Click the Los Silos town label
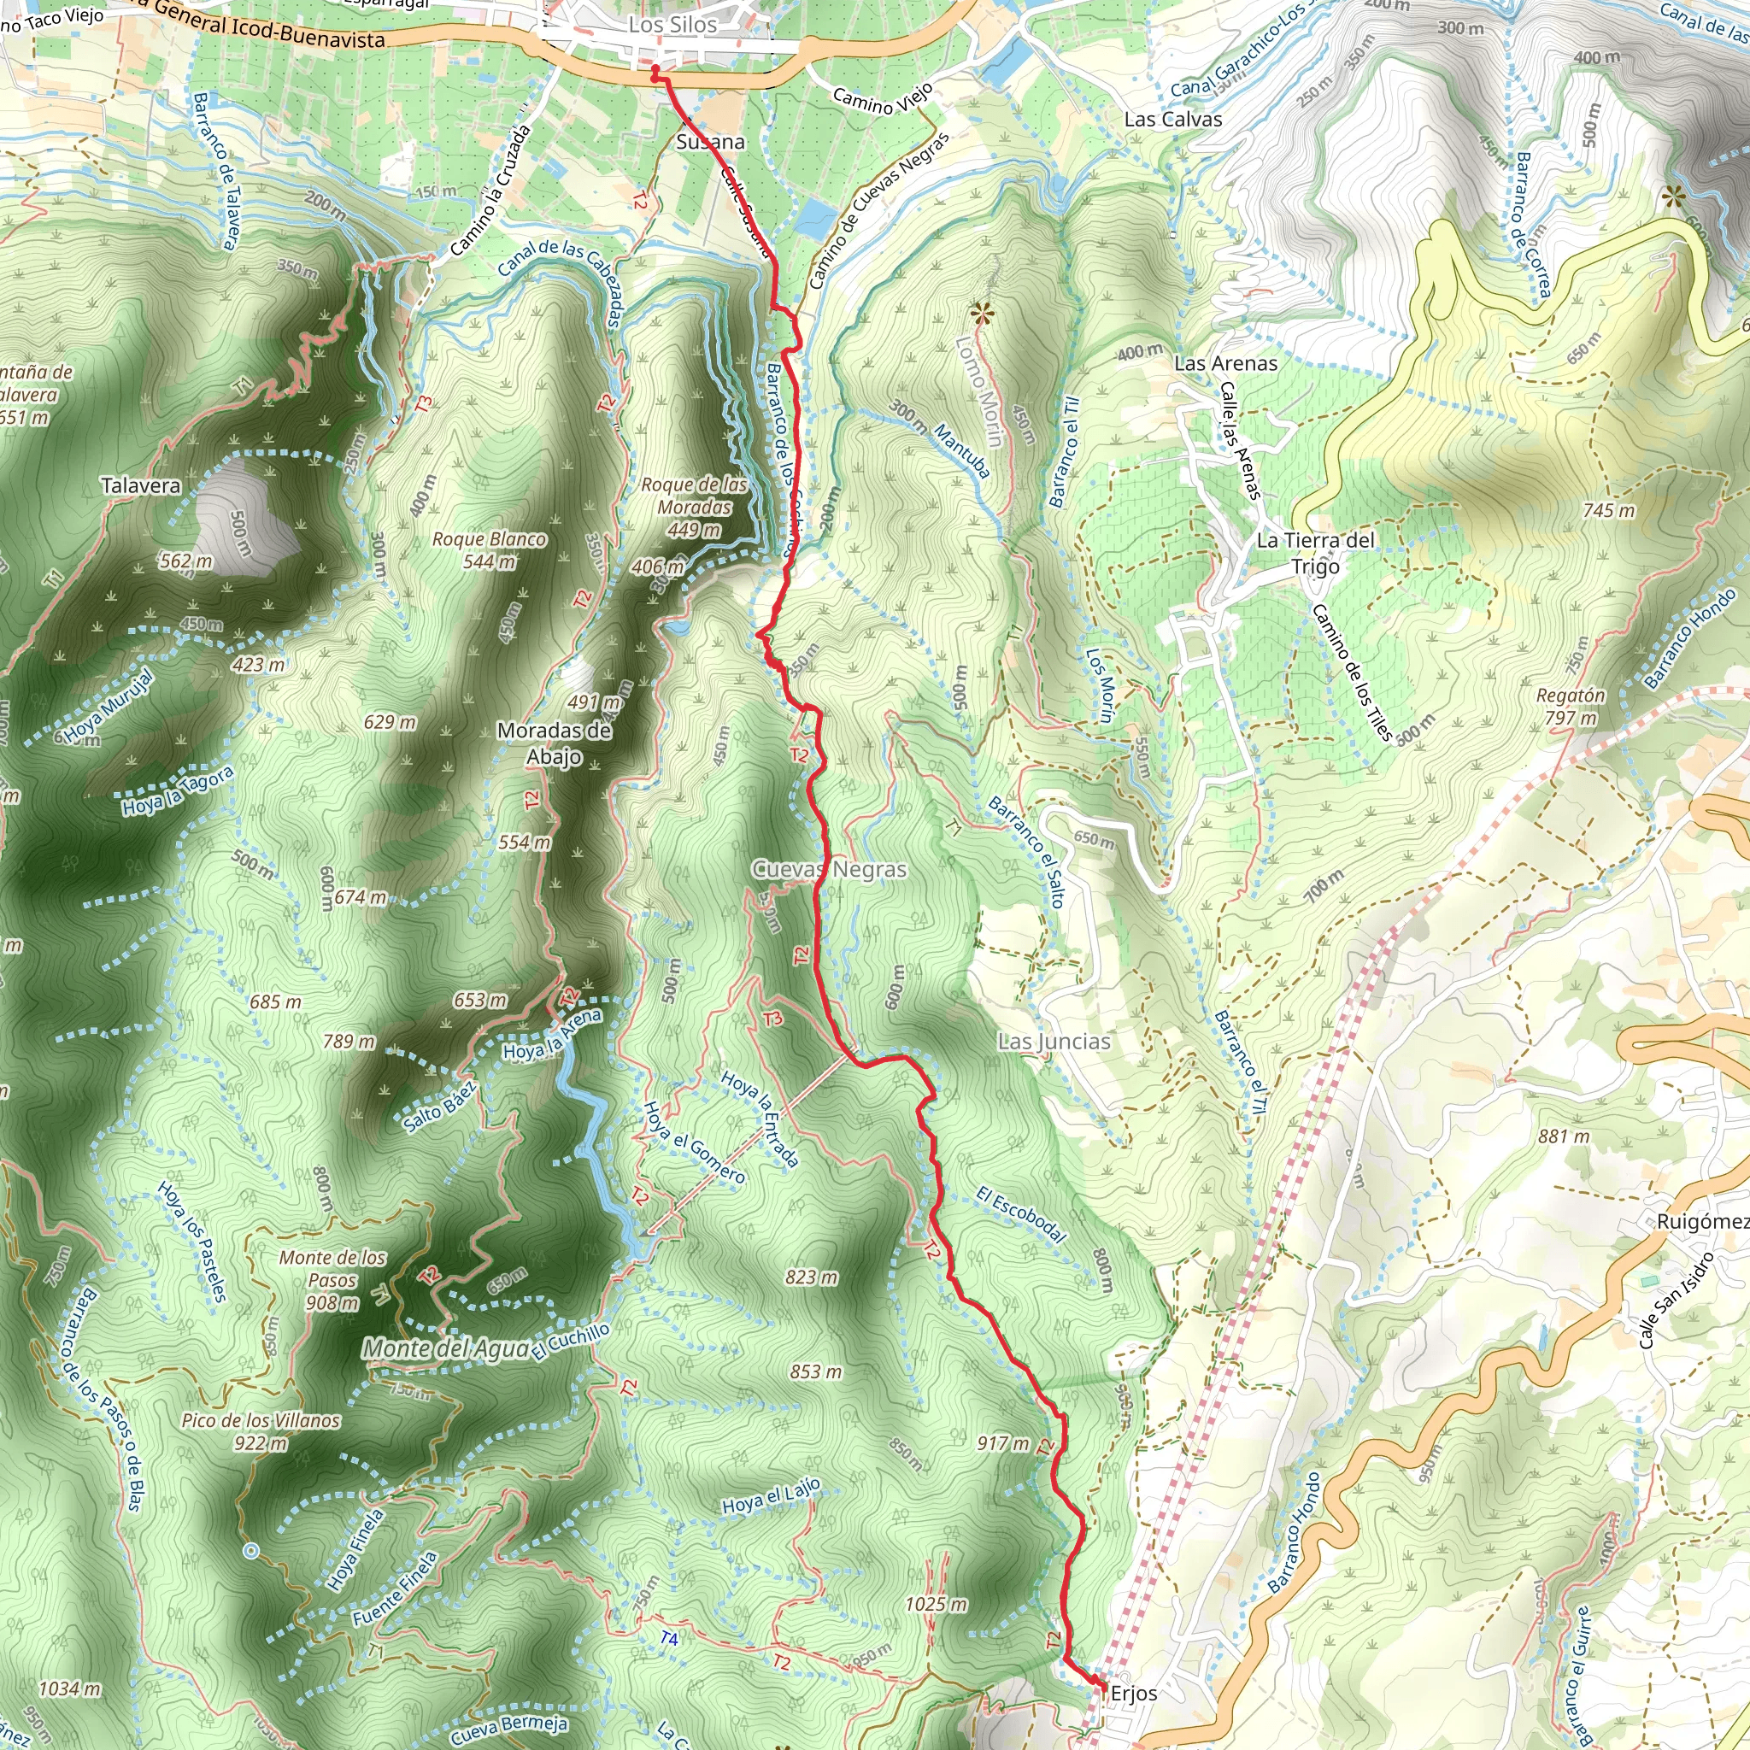673,26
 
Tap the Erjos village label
1133,1693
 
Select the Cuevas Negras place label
830,870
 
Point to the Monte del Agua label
446,1348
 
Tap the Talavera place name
140,485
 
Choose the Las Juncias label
1054,1042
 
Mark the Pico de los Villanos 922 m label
261,1431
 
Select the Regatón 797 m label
1571,707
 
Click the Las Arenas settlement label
1225,363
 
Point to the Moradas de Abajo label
555,743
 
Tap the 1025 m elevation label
936,1604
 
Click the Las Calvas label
1173,120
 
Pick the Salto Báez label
440,1107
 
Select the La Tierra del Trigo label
1314,553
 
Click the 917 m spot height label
1002,1443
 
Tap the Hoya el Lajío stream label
771,1495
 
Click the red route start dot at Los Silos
655,69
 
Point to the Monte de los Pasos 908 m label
332,1280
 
